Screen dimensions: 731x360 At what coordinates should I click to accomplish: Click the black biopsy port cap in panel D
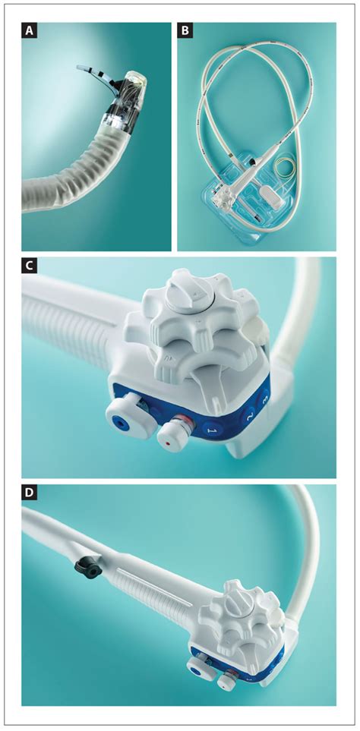[82, 564]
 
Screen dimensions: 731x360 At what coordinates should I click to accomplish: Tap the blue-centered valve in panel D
[197, 668]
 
